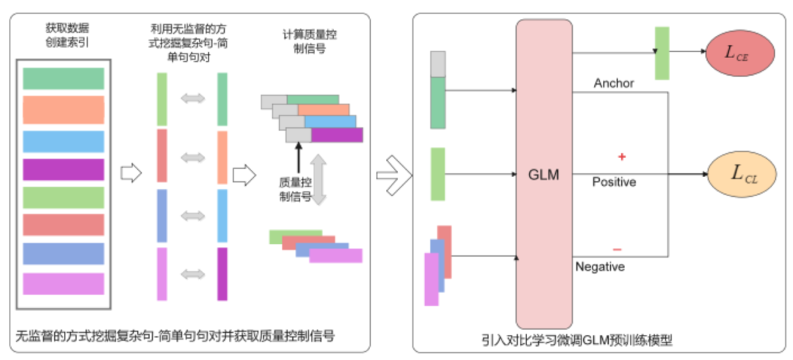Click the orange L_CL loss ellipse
pyautogui.click(x=739, y=175)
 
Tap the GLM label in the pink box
pyautogui.click(x=544, y=175)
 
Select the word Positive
pyautogui.click(x=614, y=181)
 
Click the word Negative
pyautogui.click(x=600, y=267)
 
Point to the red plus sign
pyautogui.click(x=621, y=157)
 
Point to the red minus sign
pyautogui.click(x=617, y=249)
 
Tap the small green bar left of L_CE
pyautogui.click(x=662, y=53)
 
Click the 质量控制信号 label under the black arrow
pyautogui.click(x=297, y=188)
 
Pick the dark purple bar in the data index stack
pyautogui.click(x=63, y=170)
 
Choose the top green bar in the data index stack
pyautogui.click(x=63, y=79)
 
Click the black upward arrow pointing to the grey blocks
pyautogui.click(x=298, y=156)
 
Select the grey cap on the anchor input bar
pyautogui.click(x=438, y=64)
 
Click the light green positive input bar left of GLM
pyautogui.click(x=438, y=174)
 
